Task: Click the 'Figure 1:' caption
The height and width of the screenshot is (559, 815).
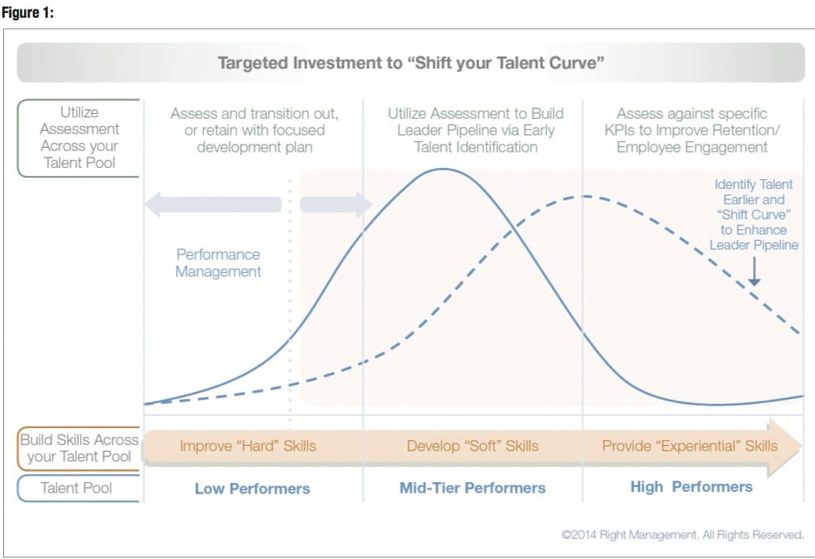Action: click(x=27, y=12)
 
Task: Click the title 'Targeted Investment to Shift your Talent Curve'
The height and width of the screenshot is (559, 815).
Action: click(x=411, y=63)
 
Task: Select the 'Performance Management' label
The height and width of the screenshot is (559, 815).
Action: click(x=219, y=263)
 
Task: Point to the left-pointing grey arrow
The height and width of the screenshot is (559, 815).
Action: click(x=213, y=204)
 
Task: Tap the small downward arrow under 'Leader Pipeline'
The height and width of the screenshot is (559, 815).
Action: click(x=754, y=271)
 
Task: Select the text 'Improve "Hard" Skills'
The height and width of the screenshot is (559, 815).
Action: click(x=248, y=446)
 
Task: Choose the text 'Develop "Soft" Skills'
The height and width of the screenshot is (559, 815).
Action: click(x=473, y=446)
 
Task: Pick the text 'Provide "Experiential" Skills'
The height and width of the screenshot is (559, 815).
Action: click(x=690, y=446)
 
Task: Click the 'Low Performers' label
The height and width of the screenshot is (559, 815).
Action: click(x=252, y=489)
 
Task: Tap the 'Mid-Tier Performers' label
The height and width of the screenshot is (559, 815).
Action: click(x=473, y=488)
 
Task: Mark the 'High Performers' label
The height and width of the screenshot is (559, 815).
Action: click(x=692, y=486)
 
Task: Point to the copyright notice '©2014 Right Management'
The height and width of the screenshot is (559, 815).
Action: click(x=683, y=535)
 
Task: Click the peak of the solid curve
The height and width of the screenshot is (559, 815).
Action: click(x=442, y=169)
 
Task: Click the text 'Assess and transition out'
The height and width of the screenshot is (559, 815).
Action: click(x=255, y=113)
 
